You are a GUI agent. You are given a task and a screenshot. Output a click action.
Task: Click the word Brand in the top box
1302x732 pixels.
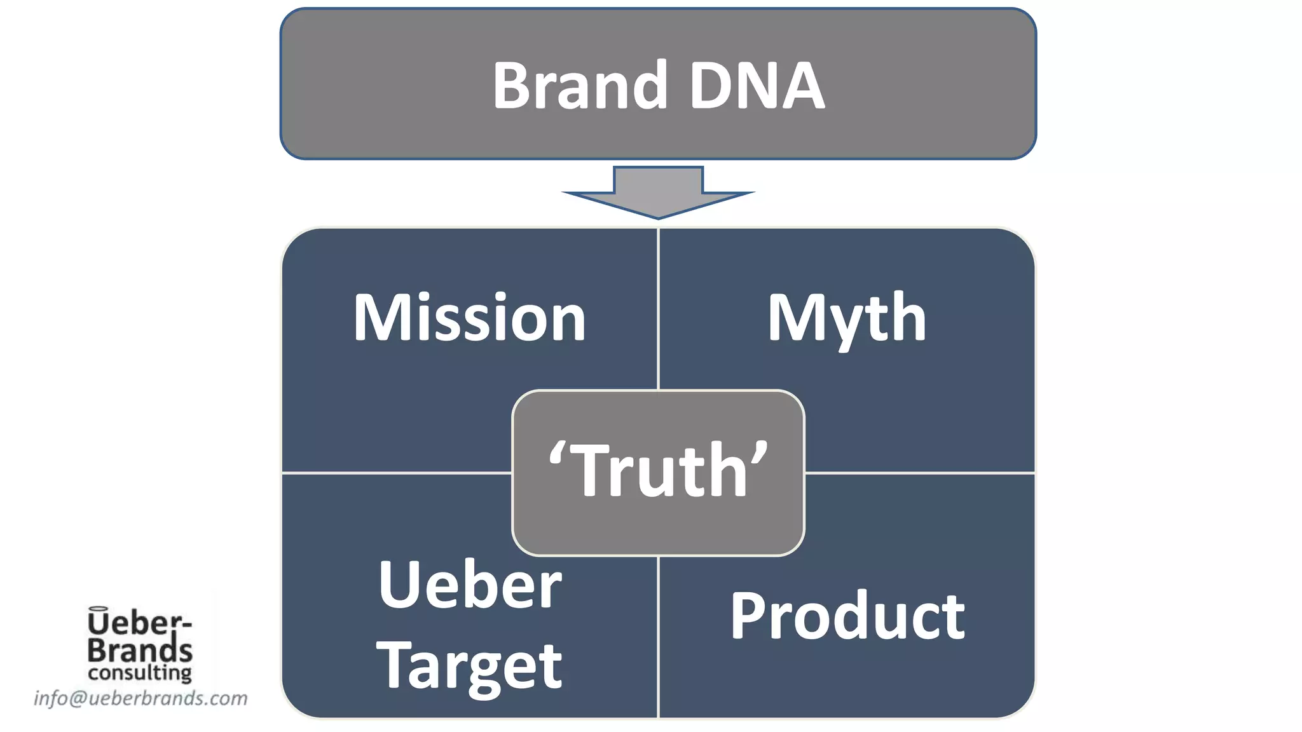(580, 86)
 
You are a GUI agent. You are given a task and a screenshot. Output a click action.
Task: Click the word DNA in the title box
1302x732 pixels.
(757, 86)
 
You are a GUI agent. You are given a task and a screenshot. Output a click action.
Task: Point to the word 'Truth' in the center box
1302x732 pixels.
(659, 470)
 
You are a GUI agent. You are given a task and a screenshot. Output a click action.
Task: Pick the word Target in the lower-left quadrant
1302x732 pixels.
(469, 666)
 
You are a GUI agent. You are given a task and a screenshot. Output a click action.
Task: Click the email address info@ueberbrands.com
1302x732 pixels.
(140, 698)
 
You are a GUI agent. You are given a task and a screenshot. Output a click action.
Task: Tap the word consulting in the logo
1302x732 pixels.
(140, 672)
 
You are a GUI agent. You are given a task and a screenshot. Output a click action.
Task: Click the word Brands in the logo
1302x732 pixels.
(140, 650)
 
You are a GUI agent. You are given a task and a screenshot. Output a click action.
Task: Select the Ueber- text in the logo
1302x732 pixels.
(140, 624)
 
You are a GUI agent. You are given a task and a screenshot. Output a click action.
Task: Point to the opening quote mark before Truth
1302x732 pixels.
(557, 452)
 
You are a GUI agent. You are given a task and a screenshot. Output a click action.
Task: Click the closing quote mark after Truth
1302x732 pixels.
(760, 452)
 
